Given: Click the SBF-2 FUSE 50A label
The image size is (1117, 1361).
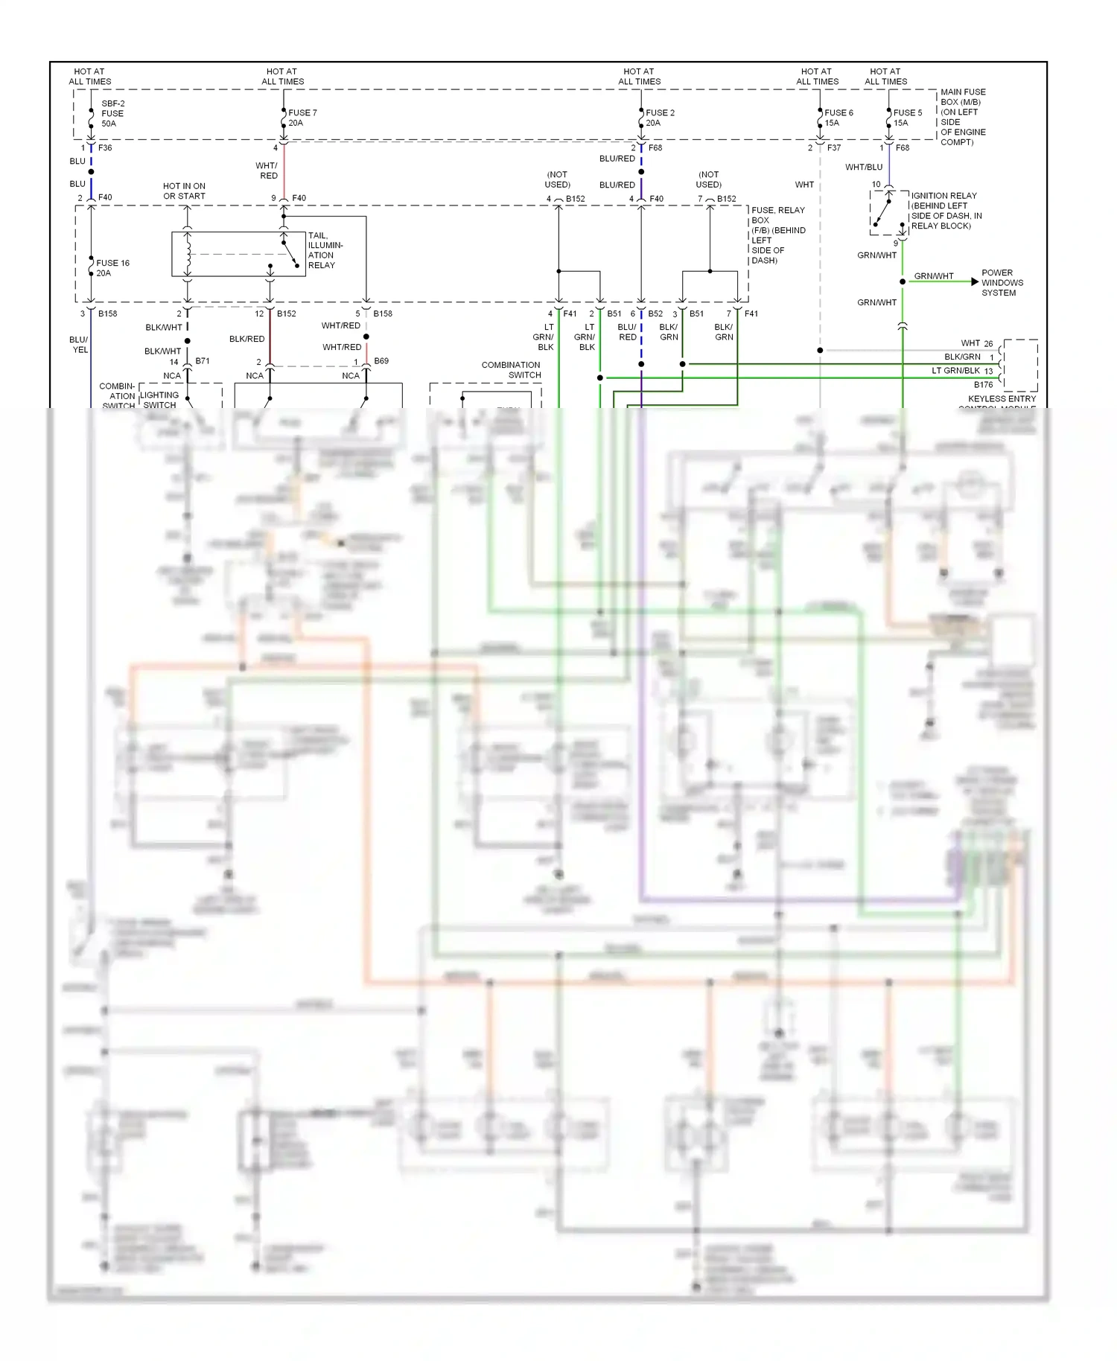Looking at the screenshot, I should [x=112, y=114].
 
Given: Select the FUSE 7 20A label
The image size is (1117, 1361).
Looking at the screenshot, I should [x=302, y=118].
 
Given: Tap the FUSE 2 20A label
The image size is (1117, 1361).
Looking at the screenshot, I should [x=660, y=118].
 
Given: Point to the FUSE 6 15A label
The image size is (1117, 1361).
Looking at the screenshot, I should [x=838, y=118].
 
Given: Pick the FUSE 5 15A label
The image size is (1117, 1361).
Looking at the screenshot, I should [x=907, y=118].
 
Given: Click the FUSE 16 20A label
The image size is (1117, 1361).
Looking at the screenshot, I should [x=112, y=268].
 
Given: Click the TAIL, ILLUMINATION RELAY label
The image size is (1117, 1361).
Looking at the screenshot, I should [x=325, y=250].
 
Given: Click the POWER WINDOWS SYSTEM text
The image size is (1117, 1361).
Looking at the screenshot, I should [x=1002, y=283].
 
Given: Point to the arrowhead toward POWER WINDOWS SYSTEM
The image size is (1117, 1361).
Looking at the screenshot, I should [x=975, y=281].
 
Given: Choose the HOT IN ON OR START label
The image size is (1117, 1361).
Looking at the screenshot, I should [x=184, y=191].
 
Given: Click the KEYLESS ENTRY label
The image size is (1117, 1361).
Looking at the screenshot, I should [x=1002, y=399].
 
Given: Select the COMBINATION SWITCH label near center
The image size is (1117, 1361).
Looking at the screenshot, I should [x=511, y=370].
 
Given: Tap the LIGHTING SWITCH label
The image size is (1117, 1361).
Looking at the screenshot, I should [x=159, y=401].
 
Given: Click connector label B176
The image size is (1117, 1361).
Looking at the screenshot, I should [x=983, y=385].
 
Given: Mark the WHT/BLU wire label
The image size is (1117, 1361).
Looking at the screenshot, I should [x=863, y=168].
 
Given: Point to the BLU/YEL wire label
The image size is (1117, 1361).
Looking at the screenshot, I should [x=79, y=345].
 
